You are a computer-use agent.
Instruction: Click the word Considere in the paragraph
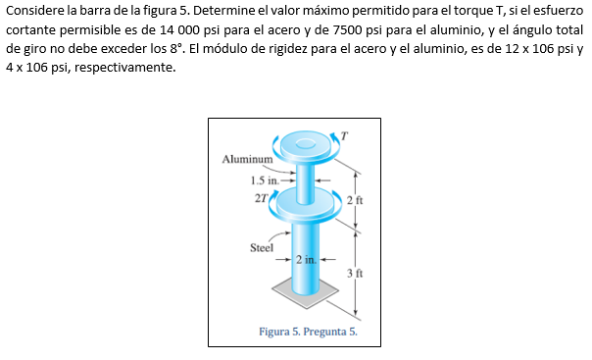coord(37,11)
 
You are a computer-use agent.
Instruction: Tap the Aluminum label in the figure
coord(246,158)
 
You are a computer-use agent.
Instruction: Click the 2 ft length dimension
coord(355,199)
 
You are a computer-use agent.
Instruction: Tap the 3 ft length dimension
coord(355,274)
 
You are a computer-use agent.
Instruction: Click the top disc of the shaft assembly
coord(305,148)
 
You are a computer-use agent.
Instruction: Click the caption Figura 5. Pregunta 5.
coord(306,332)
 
